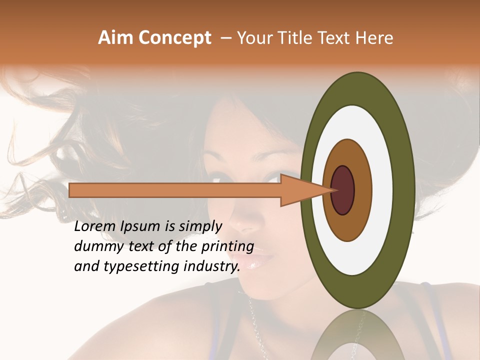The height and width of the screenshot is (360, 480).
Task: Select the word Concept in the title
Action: pos(175,38)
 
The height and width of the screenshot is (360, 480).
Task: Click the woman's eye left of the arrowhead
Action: pos(220,178)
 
